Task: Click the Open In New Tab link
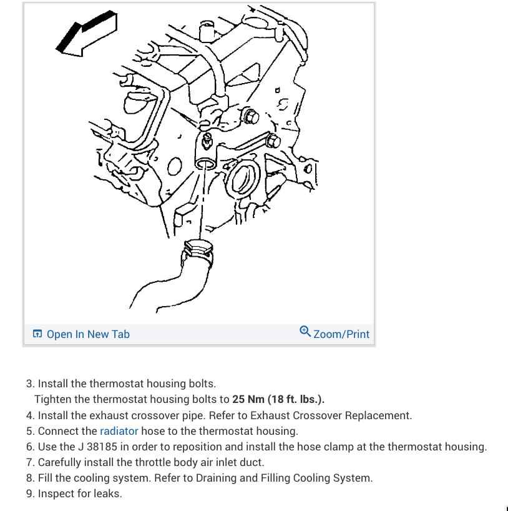tap(88, 334)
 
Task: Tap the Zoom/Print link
tap(341, 334)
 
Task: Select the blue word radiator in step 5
tap(119, 431)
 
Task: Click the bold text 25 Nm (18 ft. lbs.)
tap(278, 399)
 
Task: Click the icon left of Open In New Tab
tap(37, 334)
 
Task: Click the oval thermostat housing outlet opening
tap(204, 164)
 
